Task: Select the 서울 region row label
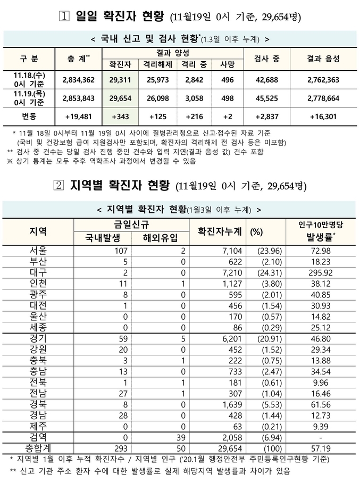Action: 39,250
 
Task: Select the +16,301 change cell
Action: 323,116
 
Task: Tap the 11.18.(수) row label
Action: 30,79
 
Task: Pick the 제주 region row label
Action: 39,425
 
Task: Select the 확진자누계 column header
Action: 219,231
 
